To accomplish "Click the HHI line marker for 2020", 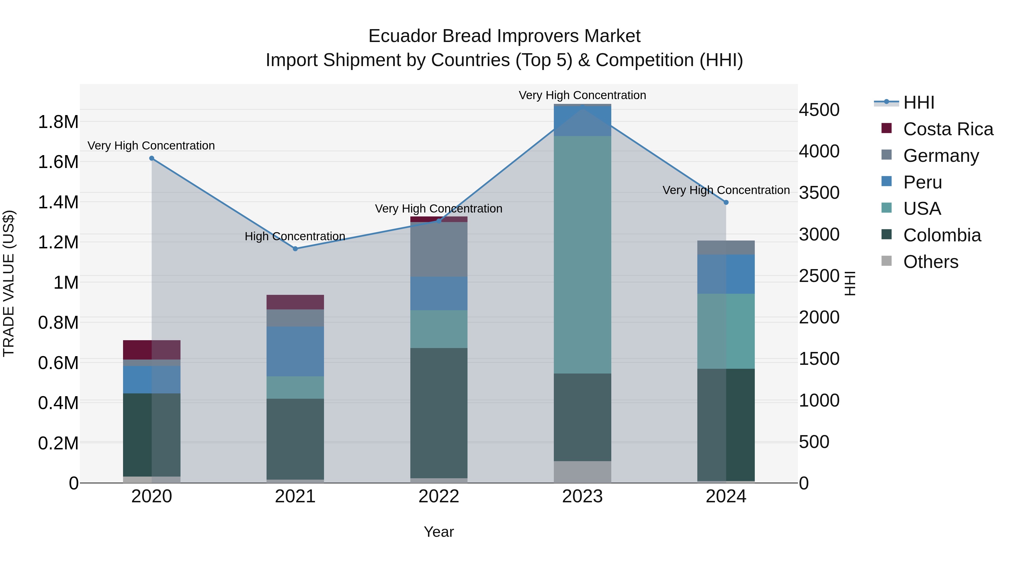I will click(152, 158).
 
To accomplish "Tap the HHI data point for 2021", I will click(295, 249).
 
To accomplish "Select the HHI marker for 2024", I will click(726, 202).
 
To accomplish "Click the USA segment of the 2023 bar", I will click(582, 254).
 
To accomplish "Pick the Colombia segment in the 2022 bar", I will click(439, 413).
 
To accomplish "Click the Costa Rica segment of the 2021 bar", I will click(295, 302).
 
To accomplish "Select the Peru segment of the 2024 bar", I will click(726, 274).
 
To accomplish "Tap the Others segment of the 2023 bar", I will click(582, 472).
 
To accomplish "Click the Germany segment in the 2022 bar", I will click(439, 249).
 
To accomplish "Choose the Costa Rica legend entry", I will click(948, 129).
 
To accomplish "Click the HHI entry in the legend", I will click(918, 102).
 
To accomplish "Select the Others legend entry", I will click(930, 262).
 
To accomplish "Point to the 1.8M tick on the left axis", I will click(58, 122).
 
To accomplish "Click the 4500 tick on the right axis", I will click(819, 110).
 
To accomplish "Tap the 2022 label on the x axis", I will click(439, 496).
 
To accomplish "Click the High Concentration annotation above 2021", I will click(295, 236).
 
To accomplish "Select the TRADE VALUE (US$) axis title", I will click(9, 283).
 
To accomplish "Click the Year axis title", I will click(439, 532).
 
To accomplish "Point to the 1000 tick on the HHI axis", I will click(819, 400).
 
